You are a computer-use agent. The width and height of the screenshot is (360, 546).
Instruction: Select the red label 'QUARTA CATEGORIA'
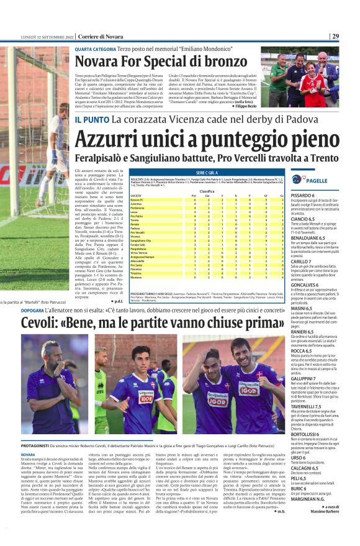(95, 48)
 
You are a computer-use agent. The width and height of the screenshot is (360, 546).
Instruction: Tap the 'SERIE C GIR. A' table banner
(207, 171)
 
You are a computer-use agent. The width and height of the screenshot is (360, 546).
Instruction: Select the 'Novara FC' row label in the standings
(137, 199)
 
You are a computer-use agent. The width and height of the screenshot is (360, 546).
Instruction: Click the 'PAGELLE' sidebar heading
(317, 180)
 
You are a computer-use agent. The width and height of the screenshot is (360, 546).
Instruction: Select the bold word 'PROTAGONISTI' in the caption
(40, 445)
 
